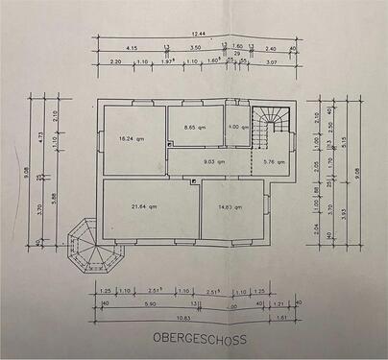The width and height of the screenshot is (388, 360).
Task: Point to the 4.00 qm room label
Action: pyautogui.click(x=238, y=127)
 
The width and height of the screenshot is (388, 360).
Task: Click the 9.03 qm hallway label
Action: pyautogui.click(x=213, y=161)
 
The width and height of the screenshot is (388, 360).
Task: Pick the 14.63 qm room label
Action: pyautogui.click(x=230, y=205)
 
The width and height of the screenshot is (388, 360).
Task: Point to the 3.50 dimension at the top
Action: pyautogui.click(x=195, y=46)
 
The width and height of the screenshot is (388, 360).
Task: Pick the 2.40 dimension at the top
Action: pyautogui.click(x=271, y=46)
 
